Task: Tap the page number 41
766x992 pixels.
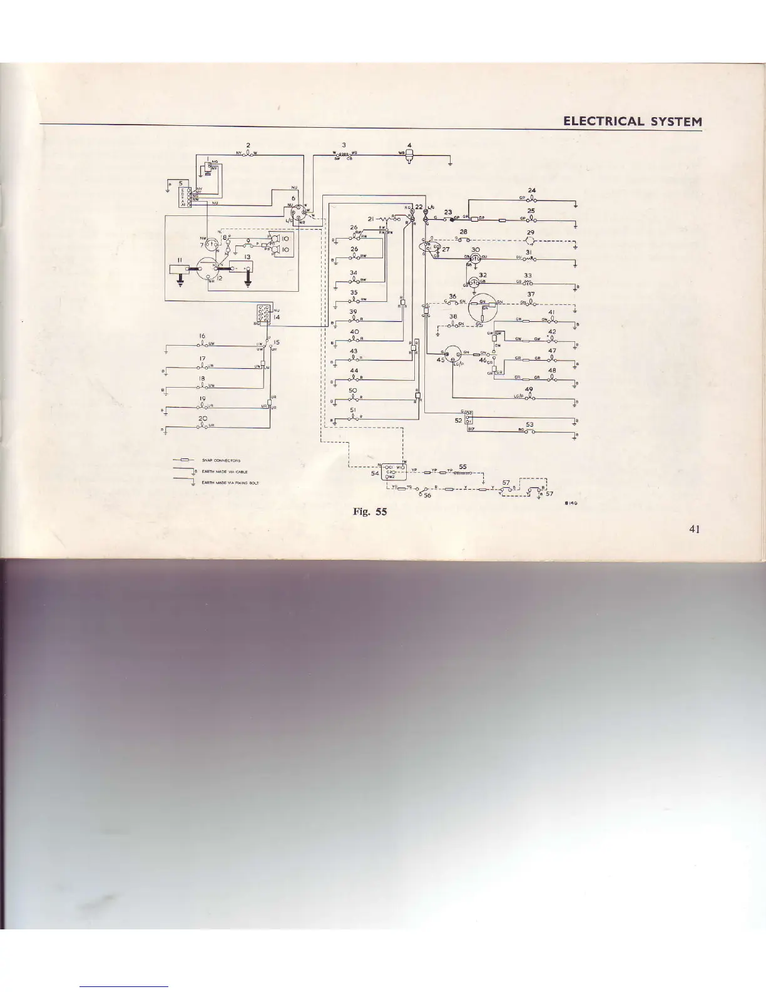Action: coord(693,529)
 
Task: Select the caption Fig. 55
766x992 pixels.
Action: coord(369,512)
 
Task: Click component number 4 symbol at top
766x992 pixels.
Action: coord(409,157)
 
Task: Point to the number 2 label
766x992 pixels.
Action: coord(248,145)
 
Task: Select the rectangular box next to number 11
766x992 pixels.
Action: coord(179,269)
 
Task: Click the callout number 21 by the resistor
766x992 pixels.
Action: coord(370,219)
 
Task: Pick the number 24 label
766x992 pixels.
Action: coord(531,190)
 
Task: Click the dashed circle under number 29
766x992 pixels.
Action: coord(531,240)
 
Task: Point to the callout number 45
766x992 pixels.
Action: coord(441,359)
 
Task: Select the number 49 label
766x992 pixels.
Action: coord(529,389)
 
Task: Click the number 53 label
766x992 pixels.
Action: coord(529,425)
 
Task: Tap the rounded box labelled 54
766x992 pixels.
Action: coord(394,471)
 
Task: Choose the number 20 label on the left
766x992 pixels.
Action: coord(203,418)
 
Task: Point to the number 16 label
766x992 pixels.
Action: coord(202,336)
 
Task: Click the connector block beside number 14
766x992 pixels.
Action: coord(263,312)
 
